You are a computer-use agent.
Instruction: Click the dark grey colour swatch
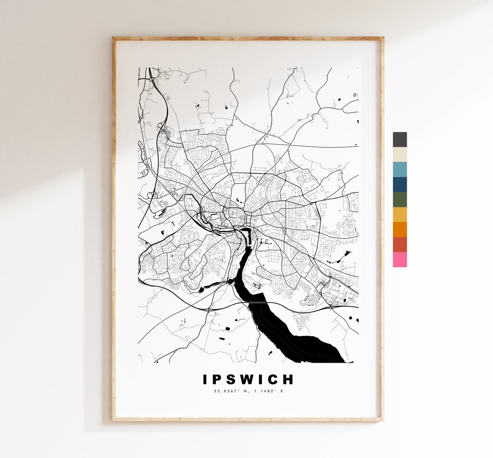[x=399, y=140]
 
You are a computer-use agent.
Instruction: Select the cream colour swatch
[x=399, y=155]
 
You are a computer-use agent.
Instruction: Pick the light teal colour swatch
[x=399, y=170]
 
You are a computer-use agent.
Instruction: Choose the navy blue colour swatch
[x=399, y=185]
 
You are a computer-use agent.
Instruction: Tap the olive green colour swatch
[x=399, y=200]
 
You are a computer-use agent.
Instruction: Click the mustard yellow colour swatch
[x=399, y=215]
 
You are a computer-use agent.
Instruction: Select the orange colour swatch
[x=399, y=229]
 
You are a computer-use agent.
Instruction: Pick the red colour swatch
[x=399, y=245]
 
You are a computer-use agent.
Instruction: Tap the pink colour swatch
[x=399, y=260]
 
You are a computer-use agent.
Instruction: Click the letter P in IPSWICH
[x=219, y=380]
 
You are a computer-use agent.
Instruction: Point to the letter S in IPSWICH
[x=235, y=380]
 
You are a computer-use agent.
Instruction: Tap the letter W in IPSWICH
[x=254, y=380]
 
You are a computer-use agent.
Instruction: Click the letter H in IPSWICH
[x=288, y=380]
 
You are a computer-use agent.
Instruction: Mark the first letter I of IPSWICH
[x=205, y=380]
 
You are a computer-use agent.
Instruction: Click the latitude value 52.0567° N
[x=231, y=391]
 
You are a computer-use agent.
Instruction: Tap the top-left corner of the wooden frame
[x=114, y=39]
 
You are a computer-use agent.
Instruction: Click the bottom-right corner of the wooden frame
[x=382, y=419]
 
